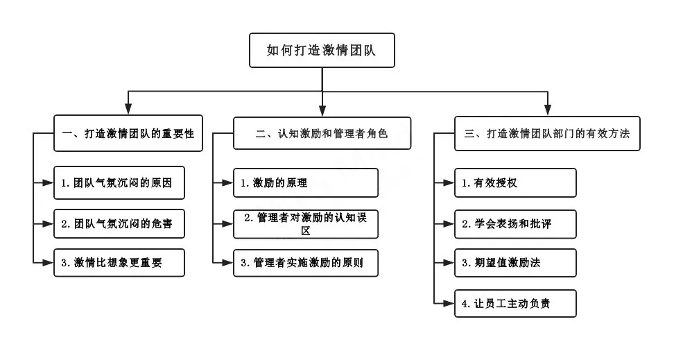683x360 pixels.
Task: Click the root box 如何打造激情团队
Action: coord(322,50)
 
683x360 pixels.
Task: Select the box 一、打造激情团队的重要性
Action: coord(128,133)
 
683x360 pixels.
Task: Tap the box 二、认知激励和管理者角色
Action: coord(322,133)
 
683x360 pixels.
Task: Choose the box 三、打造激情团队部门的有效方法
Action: coord(547,133)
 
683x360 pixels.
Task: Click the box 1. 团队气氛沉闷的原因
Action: coord(119,182)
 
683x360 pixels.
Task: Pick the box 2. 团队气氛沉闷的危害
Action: coord(119,223)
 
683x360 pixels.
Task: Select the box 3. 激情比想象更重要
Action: coord(119,262)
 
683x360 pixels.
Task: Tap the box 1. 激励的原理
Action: coord(305,182)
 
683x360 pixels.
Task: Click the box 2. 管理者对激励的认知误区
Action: coord(305,224)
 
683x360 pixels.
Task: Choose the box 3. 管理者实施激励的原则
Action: coord(305,262)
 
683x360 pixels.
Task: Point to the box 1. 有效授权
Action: coord(515,182)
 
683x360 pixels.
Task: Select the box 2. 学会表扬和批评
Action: coord(515,224)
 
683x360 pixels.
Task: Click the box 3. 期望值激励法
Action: coord(515,262)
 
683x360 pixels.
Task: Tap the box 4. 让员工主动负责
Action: coord(515,303)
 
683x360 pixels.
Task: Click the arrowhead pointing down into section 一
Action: coord(128,109)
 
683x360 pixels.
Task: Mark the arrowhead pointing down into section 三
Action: coord(548,110)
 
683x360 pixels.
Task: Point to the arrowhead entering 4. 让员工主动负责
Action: coord(449,303)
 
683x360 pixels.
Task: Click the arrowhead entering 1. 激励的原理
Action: coord(227,182)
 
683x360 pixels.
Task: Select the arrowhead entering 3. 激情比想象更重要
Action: coord(48,262)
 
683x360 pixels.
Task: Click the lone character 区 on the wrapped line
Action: coord(306,231)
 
